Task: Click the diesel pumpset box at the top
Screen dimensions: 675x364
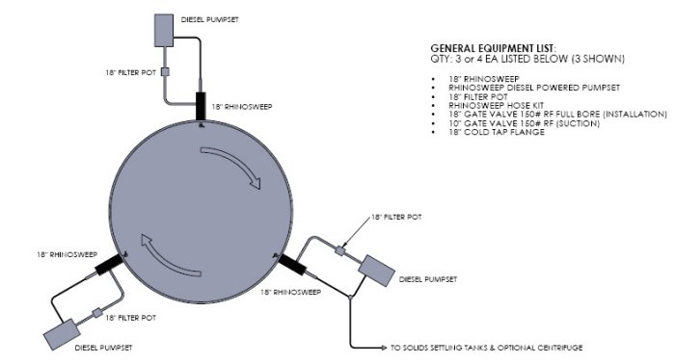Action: (164, 30)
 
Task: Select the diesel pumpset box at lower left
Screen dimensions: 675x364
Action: (62, 334)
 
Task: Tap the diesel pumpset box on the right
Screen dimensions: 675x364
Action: (376, 271)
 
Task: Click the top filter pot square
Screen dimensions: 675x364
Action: (165, 72)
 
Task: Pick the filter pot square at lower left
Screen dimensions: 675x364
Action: (97, 312)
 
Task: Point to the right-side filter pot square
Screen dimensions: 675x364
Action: (340, 250)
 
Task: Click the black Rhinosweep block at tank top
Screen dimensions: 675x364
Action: (201, 106)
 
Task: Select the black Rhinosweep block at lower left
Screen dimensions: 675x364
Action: (109, 264)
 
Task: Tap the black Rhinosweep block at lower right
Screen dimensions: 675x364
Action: (293, 264)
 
